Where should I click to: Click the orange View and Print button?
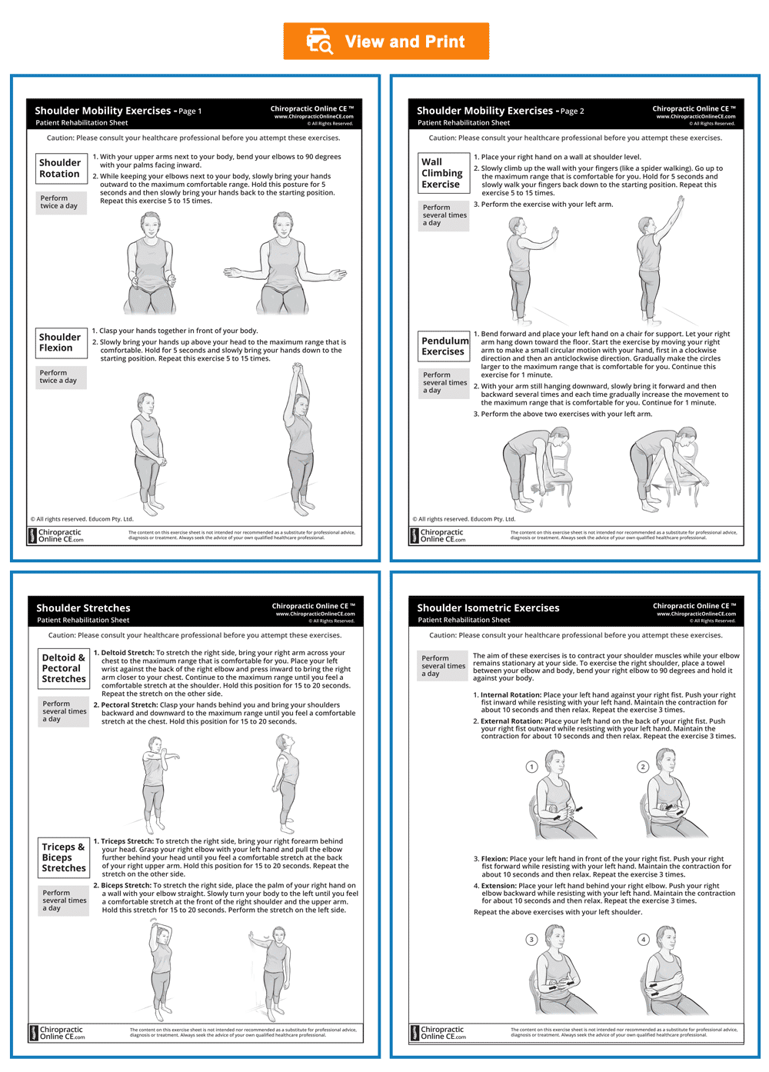coord(386,42)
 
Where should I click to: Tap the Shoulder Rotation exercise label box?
coord(60,168)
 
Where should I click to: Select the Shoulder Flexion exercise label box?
coord(60,343)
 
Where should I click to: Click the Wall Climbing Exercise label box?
coord(442,173)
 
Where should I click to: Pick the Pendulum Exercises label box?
coord(443,346)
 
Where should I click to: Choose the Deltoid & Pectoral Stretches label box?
coord(64,668)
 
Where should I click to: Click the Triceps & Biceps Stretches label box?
coord(64,857)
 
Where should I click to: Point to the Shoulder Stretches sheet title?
coord(83,608)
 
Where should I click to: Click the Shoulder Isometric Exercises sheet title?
coord(488,608)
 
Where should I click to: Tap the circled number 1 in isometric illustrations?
coord(531,767)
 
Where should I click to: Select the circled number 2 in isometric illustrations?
coord(644,767)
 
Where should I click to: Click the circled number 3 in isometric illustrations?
coord(531,939)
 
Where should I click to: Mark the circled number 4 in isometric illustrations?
coord(644,939)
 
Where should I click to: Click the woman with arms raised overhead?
coord(298,438)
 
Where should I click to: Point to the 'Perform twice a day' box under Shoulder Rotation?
coord(60,202)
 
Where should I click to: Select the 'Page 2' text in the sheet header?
coord(572,112)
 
